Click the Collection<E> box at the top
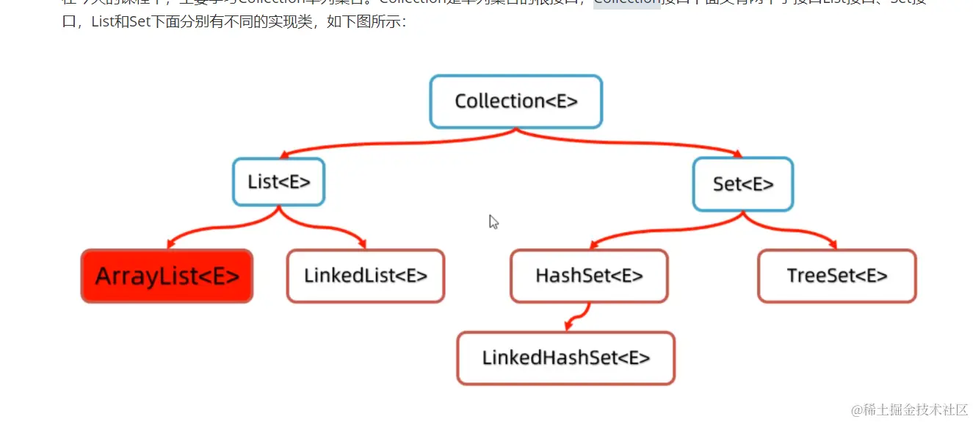516,101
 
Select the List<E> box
278,182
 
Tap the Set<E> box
742,184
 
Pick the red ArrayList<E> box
167,276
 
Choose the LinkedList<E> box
365,276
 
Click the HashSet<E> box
589,276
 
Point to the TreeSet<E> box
836,276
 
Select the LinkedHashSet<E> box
565,358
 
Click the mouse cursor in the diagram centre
493,221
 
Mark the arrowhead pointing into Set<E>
737,154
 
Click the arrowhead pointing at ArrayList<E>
173,245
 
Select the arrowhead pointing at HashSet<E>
594,246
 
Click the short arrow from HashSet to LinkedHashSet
579,317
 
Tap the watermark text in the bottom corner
909,410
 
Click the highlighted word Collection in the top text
626,3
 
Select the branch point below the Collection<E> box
516,130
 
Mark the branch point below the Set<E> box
742,215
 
